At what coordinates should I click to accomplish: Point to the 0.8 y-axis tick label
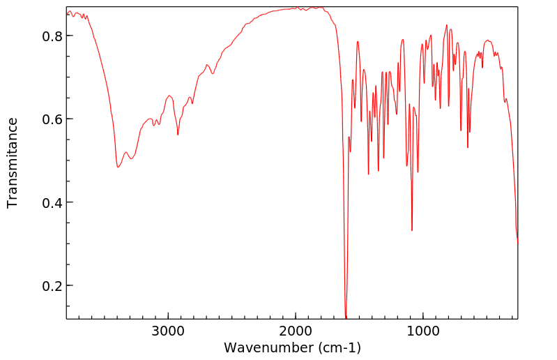(53, 36)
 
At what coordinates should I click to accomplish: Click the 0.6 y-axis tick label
(53, 119)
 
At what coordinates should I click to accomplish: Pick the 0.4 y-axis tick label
(53, 203)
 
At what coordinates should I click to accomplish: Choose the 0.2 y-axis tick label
(53, 286)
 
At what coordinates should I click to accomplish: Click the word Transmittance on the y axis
(13, 163)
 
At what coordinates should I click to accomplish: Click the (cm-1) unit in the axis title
(338, 347)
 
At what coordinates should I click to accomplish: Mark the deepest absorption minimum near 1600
(346, 317)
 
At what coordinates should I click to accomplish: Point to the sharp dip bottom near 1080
(412, 231)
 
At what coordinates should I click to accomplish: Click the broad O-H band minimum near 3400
(118, 167)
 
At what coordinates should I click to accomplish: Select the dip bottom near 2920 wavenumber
(178, 135)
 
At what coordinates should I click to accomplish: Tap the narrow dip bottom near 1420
(368, 174)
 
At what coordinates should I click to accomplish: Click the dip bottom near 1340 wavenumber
(379, 171)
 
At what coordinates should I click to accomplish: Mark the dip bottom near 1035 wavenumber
(418, 172)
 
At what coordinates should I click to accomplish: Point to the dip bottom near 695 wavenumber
(461, 130)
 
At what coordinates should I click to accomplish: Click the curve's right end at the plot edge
(517, 243)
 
